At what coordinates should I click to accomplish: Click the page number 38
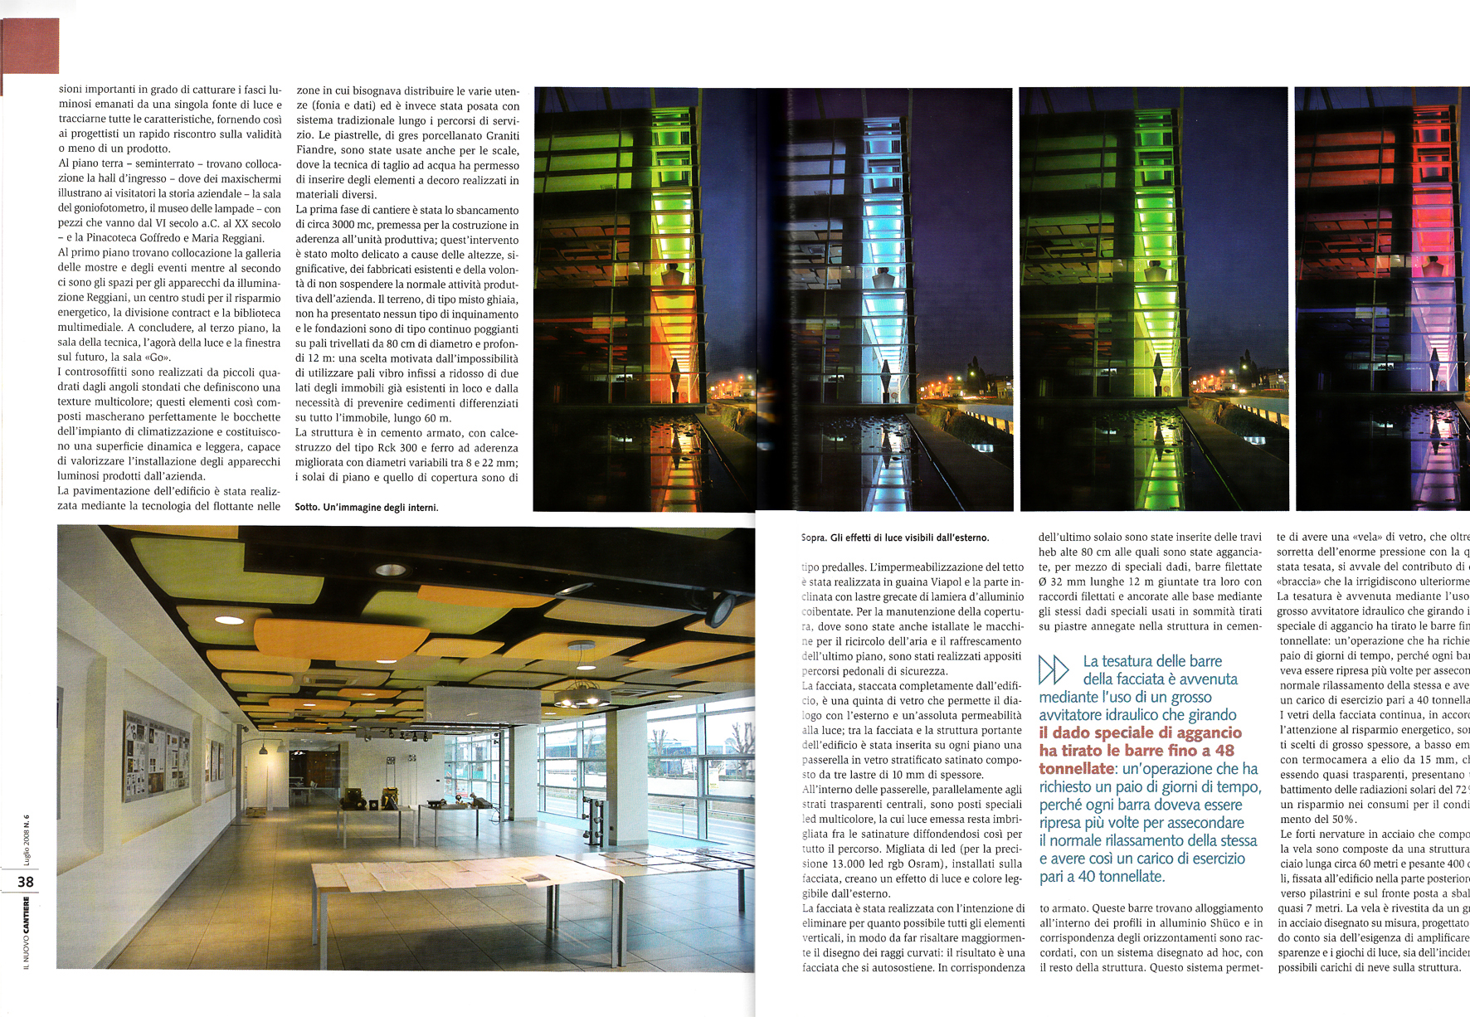[26, 882]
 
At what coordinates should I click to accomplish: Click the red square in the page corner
[31, 46]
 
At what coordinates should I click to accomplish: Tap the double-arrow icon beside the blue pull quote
[1054, 669]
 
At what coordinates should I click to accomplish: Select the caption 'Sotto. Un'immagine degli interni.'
[366, 508]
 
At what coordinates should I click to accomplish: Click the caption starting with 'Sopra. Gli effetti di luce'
[895, 538]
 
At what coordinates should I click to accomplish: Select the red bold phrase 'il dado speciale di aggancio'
[1141, 732]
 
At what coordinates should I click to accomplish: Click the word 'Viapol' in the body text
[941, 582]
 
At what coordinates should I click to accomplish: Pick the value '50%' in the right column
[1339, 820]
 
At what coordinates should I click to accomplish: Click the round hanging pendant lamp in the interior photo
[582, 693]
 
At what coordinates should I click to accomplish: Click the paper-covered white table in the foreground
[465, 879]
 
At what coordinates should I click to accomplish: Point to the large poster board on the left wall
[156, 756]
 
